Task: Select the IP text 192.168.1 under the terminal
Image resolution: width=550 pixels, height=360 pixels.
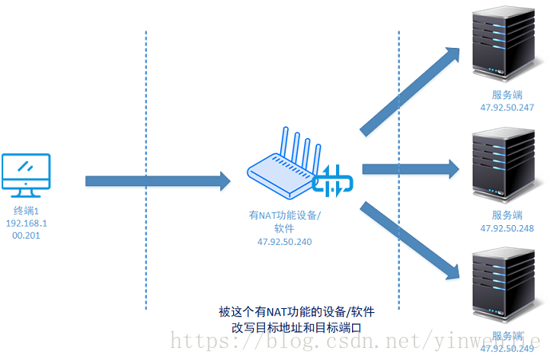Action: [x=27, y=224]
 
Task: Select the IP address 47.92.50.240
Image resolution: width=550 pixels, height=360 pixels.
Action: [x=285, y=241]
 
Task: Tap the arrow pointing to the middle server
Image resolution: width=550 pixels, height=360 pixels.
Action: [x=411, y=168]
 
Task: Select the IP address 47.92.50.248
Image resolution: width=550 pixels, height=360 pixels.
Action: [x=507, y=227]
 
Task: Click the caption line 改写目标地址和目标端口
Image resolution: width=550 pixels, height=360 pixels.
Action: [x=296, y=327]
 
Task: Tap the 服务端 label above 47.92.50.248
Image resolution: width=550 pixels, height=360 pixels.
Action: [x=507, y=216]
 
